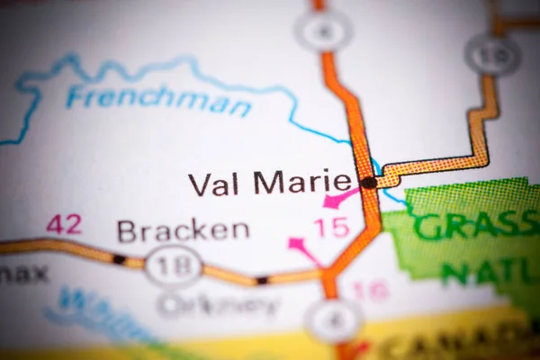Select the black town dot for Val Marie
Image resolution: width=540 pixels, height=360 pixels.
369,183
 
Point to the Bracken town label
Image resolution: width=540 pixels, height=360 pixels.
183,230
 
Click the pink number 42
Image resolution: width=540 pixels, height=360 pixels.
64,224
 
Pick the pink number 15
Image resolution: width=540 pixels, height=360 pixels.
331,227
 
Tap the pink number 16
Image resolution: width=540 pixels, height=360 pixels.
369,290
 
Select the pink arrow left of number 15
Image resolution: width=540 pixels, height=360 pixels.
303,248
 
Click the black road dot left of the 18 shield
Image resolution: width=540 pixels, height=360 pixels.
119,259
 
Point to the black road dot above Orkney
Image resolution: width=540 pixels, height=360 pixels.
261,280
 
